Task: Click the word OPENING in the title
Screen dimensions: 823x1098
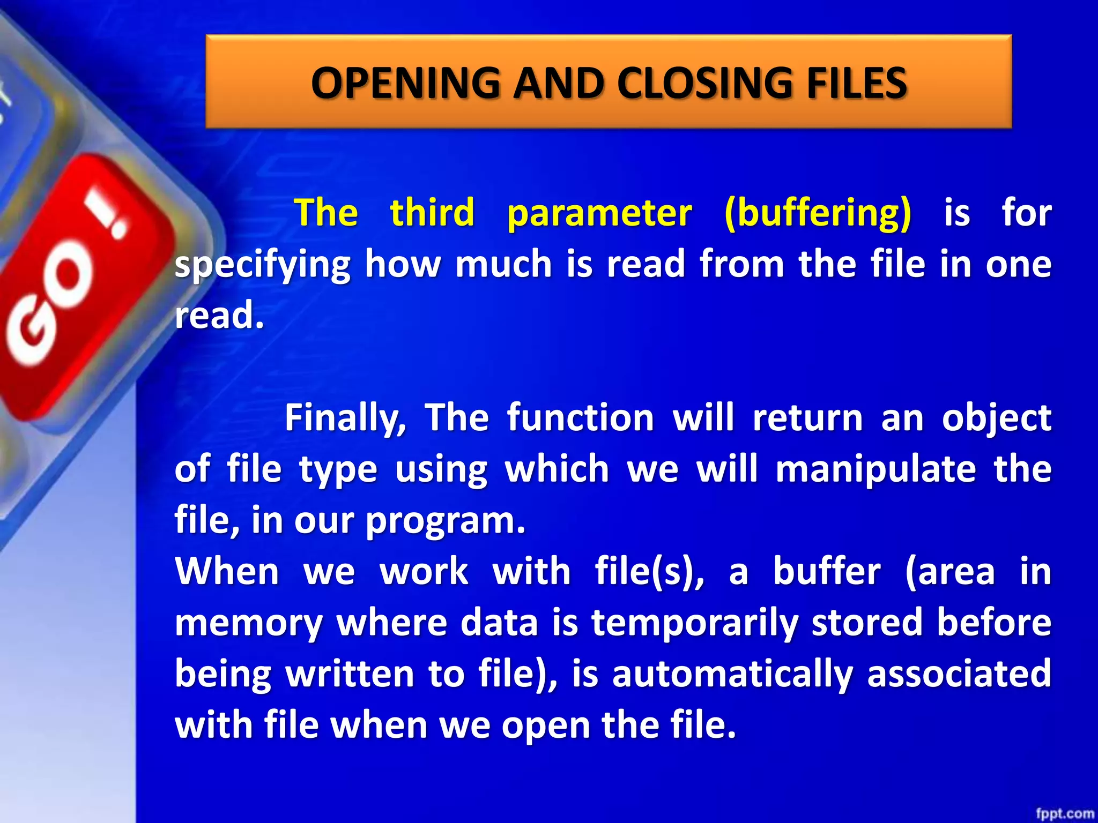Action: [x=405, y=84]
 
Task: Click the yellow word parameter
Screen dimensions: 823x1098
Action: [x=599, y=213]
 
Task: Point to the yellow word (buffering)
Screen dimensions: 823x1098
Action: [x=817, y=213]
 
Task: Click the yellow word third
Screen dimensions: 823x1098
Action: [x=432, y=212]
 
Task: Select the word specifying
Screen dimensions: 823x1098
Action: [x=263, y=265]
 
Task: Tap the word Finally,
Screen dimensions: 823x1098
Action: [x=345, y=418]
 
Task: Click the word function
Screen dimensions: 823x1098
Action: [x=581, y=418]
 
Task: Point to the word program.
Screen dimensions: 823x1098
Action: [x=445, y=521]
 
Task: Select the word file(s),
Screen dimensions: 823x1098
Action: [x=649, y=572]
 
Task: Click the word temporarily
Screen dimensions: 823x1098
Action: [x=694, y=624]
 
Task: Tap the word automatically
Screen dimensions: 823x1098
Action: [x=732, y=675]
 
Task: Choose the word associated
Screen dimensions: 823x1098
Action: [x=959, y=674]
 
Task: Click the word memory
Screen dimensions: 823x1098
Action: [x=248, y=624]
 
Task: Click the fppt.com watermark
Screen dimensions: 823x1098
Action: [x=1065, y=813]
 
